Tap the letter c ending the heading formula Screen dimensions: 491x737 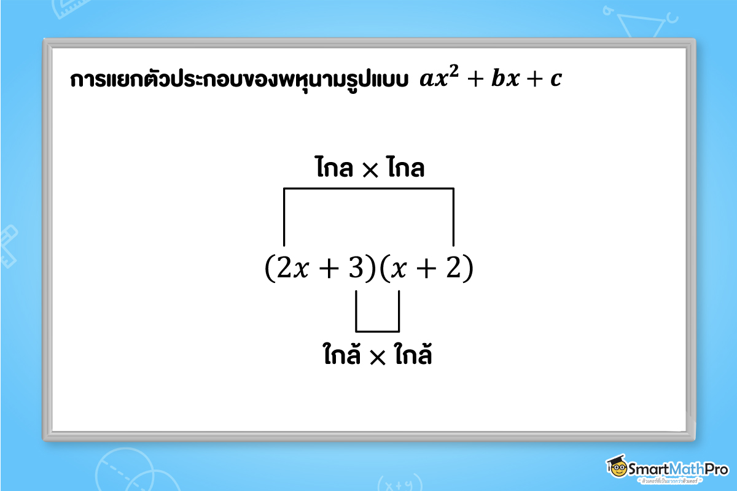(555, 82)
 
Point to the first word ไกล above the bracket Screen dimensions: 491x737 (338, 168)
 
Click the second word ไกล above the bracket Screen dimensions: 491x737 (405, 168)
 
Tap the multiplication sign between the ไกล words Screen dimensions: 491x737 (370, 170)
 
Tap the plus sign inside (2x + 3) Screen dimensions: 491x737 (326, 269)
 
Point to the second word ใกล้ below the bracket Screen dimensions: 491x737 (410, 355)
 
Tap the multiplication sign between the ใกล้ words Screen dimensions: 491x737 (376, 357)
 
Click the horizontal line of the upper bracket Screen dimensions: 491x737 (368, 189)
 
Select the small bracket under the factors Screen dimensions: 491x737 (377, 330)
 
